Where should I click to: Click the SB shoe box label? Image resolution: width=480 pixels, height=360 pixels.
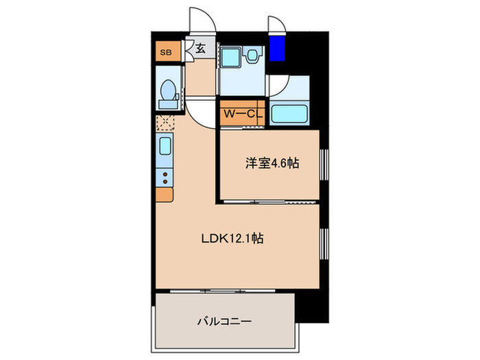[x=165, y=51]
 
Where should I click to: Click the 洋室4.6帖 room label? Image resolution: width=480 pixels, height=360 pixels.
[x=272, y=164]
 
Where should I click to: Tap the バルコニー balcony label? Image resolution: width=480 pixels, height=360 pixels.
[x=224, y=320]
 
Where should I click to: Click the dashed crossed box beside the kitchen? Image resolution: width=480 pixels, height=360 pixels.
[x=165, y=123]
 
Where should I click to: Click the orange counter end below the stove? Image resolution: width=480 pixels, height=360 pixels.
[x=165, y=195]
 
